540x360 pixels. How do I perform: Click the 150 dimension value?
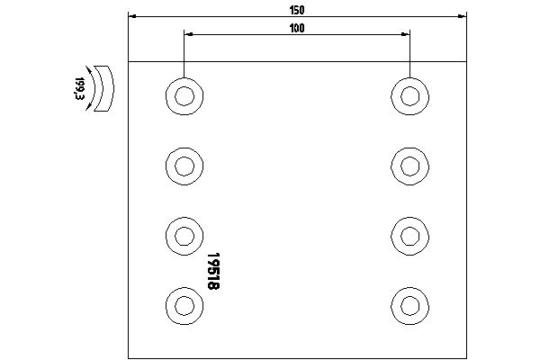(x=297, y=10)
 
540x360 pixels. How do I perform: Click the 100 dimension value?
(x=297, y=28)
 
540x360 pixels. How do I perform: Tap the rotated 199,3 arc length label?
(x=79, y=88)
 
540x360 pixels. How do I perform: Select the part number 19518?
(x=213, y=271)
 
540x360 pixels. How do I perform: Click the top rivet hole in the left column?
(x=184, y=96)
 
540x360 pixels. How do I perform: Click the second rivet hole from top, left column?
(x=184, y=166)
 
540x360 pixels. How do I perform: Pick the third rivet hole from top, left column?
(x=184, y=236)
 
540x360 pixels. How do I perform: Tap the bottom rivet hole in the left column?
(x=184, y=306)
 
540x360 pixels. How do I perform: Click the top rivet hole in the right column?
(x=409, y=96)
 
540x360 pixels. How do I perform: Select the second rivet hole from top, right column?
(x=409, y=166)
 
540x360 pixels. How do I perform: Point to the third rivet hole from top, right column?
(x=409, y=236)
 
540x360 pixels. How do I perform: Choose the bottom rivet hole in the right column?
(x=409, y=306)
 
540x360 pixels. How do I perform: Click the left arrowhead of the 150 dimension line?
(x=132, y=16)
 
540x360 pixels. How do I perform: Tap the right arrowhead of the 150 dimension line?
(x=463, y=16)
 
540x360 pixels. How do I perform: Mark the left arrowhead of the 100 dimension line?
(x=188, y=34)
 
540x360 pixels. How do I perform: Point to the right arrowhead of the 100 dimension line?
(x=406, y=34)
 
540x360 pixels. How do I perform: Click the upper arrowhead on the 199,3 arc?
(x=89, y=70)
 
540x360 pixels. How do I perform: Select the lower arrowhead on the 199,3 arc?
(x=89, y=106)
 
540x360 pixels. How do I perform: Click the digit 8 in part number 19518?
(x=213, y=285)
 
